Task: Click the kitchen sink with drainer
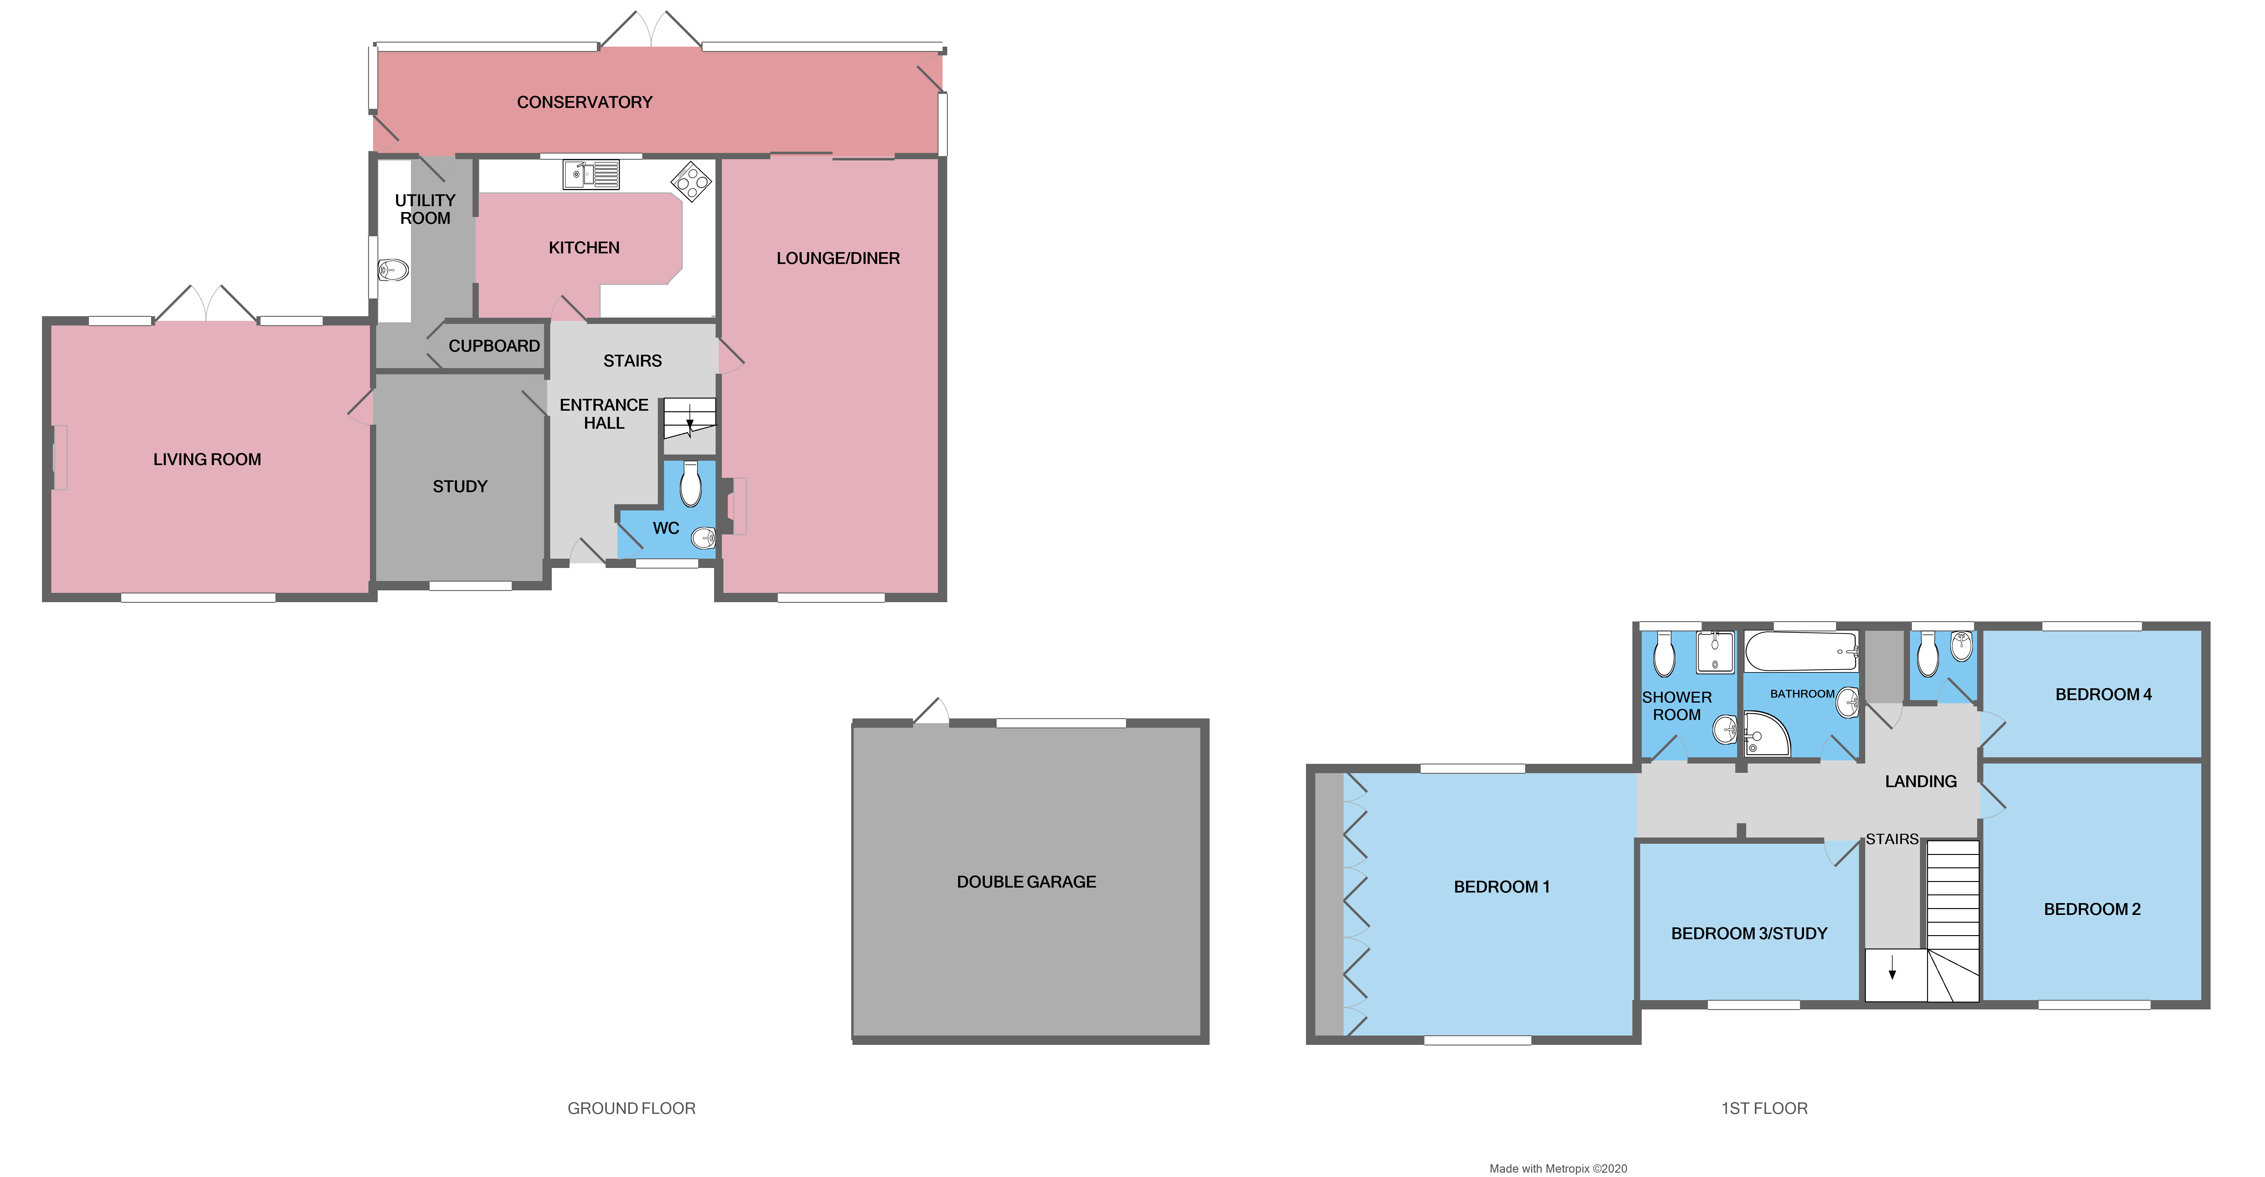pos(591,174)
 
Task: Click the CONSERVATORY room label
pos(585,102)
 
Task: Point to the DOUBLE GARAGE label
pos(1026,882)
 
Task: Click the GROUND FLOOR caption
pos(631,1108)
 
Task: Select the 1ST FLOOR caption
pos(1764,1108)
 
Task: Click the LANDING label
pos(1920,782)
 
